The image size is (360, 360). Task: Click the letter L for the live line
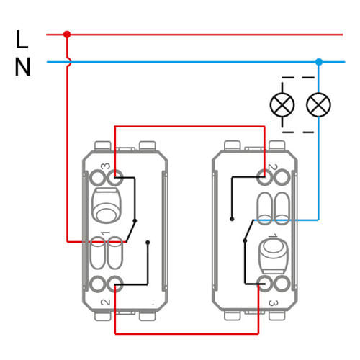pyautogui.click(x=22, y=40)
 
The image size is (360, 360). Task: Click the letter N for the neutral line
pyautogui.click(x=23, y=67)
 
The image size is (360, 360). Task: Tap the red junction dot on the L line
pyautogui.click(x=67, y=35)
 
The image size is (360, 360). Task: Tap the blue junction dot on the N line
pyautogui.click(x=319, y=62)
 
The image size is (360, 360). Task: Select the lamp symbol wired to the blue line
pyautogui.click(x=318, y=104)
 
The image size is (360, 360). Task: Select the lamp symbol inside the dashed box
pyautogui.click(x=282, y=104)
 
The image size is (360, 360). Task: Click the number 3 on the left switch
pyautogui.click(x=105, y=166)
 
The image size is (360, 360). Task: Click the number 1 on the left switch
pyautogui.click(x=105, y=233)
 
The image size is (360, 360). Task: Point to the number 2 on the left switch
pyautogui.click(x=105, y=302)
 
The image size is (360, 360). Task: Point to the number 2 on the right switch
pyautogui.click(x=273, y=167)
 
